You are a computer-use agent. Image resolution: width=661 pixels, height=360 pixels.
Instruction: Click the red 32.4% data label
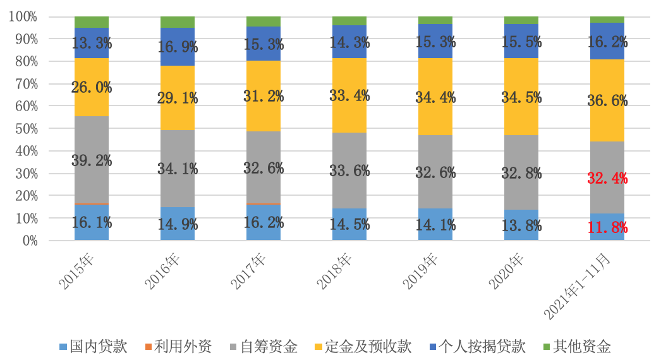click(607, 178)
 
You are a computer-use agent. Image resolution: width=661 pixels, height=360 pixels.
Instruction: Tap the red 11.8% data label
click(607, 227)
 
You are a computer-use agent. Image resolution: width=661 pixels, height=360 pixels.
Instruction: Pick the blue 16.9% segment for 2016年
click(178, 47)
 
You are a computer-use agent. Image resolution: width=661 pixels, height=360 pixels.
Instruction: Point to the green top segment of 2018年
click(349, 21)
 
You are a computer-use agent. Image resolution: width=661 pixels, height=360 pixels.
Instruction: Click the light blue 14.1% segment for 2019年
click(435, 224)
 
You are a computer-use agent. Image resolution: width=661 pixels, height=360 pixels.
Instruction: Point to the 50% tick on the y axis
click(24, 129)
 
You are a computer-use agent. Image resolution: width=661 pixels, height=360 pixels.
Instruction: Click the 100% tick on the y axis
click(23, 16)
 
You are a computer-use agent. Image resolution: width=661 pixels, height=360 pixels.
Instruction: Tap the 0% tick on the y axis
click(28, 241)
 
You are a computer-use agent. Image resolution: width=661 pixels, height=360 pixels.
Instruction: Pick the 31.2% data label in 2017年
click(264, 97)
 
